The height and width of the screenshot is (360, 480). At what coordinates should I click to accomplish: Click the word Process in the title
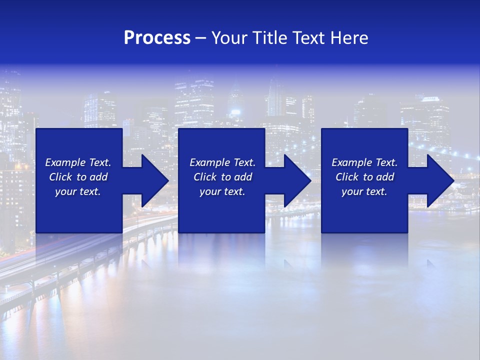coord(157,38)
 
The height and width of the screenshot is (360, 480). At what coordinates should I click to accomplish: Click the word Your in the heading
coord(229,38)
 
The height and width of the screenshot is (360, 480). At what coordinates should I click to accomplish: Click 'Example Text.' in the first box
coord(78,162)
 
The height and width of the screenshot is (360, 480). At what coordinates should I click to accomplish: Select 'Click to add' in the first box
coord(78,177)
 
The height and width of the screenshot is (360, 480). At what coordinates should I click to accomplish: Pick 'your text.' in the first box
coord(78,191)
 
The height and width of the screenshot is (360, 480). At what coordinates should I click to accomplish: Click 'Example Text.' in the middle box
coord(222,162)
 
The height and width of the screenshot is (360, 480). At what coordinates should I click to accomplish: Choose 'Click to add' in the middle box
coord(222,177)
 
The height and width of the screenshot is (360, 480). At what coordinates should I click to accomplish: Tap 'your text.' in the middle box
coord(222,191)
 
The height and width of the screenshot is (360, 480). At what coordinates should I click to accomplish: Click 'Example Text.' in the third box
coord(364,162)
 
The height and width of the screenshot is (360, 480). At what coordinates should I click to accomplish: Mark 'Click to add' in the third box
coord(364,177)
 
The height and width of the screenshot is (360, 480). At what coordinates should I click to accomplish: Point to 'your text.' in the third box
coord(364,191)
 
